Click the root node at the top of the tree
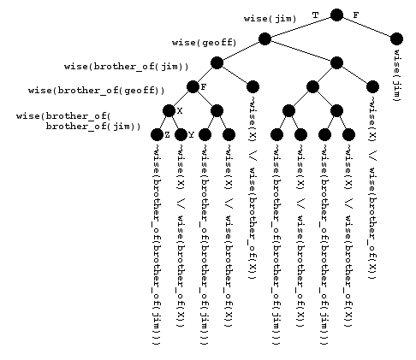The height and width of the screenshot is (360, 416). click(x=336, y=15)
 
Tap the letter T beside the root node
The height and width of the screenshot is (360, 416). click(x=315, y=15)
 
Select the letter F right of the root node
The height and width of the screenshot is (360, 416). click(x=356, y=15)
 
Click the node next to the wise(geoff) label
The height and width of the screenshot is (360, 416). click(x=264, y=38)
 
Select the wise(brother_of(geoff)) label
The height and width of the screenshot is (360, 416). click(x=97, y=89)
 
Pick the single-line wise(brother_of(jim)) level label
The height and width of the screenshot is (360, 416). click(x=127, y=66)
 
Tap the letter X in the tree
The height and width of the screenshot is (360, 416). click(x=179, y=111)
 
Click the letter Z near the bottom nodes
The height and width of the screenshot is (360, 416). click(x=167, y=135)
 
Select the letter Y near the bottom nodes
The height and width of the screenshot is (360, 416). click(x=191, y=135)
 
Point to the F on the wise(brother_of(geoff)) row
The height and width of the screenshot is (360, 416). click(x=203, y=87)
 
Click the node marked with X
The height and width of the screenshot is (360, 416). click(x=169, y=110)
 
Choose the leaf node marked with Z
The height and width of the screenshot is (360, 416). click(x=157, y=134)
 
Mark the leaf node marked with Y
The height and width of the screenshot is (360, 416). click(x=181, y=134)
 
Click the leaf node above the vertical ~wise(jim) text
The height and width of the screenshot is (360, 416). click(x=396, y=38)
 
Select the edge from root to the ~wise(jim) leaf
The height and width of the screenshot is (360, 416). click(x=366, y=27)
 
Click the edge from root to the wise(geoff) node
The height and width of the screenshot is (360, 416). click(x=300, y=27)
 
